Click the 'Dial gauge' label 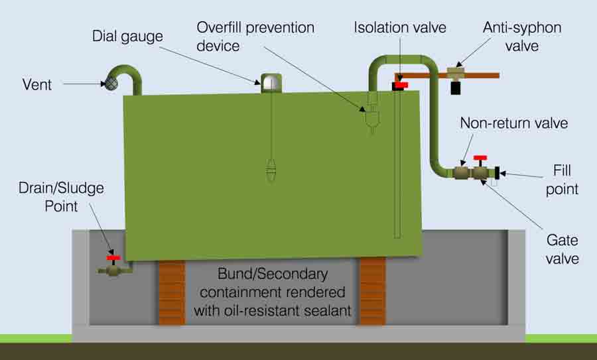127,37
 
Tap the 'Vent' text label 37,84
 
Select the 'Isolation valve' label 400,27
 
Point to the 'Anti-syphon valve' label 522,36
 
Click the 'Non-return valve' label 514,123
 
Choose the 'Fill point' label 562,180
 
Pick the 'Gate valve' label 563,249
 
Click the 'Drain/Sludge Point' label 61,197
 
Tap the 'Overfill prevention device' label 255,36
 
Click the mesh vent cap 111,84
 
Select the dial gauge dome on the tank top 271,83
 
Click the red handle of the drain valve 113,258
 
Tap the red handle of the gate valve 480,158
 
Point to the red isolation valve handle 401,86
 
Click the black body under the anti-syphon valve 455,88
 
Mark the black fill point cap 497,173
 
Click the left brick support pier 172,292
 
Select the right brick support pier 373,292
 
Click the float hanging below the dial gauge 271,170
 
